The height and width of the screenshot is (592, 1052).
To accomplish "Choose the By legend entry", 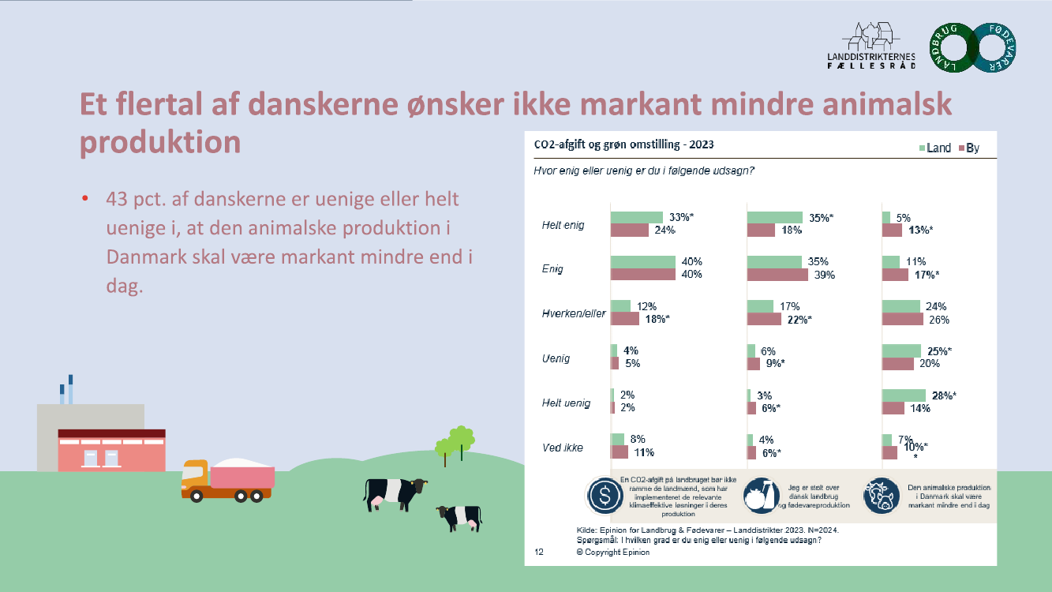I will tap(968, 148).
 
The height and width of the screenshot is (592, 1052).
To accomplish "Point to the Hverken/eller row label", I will tap(568, 313).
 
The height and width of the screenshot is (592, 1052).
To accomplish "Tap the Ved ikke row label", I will tap(562, 448).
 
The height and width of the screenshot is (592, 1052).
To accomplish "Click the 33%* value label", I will tap(680, 217).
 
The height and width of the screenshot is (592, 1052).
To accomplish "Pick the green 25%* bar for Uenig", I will tap(901, 350).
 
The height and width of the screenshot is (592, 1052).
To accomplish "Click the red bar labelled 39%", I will tap(777, 275).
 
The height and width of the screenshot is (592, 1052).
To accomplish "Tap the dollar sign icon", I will tap(604, 496).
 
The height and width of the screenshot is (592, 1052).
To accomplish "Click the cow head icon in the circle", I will tap(882, 496).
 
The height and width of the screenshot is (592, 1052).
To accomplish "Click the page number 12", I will tap(540, 552).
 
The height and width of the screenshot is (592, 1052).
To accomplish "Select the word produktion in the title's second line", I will tap(160, 142).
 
